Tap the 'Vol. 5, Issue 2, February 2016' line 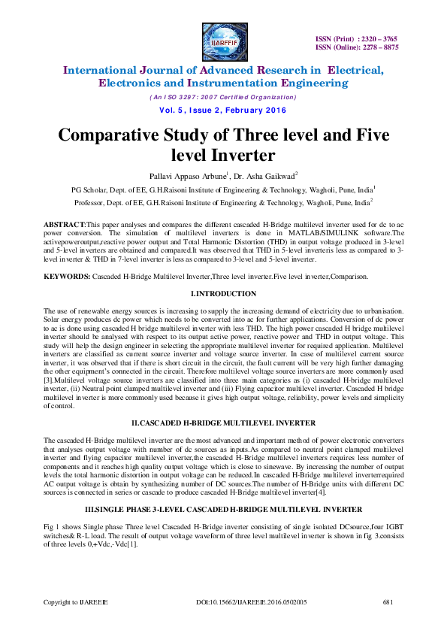223,111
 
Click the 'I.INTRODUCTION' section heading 223,293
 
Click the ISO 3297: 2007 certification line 223,98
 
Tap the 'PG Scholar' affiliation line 223,191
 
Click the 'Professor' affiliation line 223,203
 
